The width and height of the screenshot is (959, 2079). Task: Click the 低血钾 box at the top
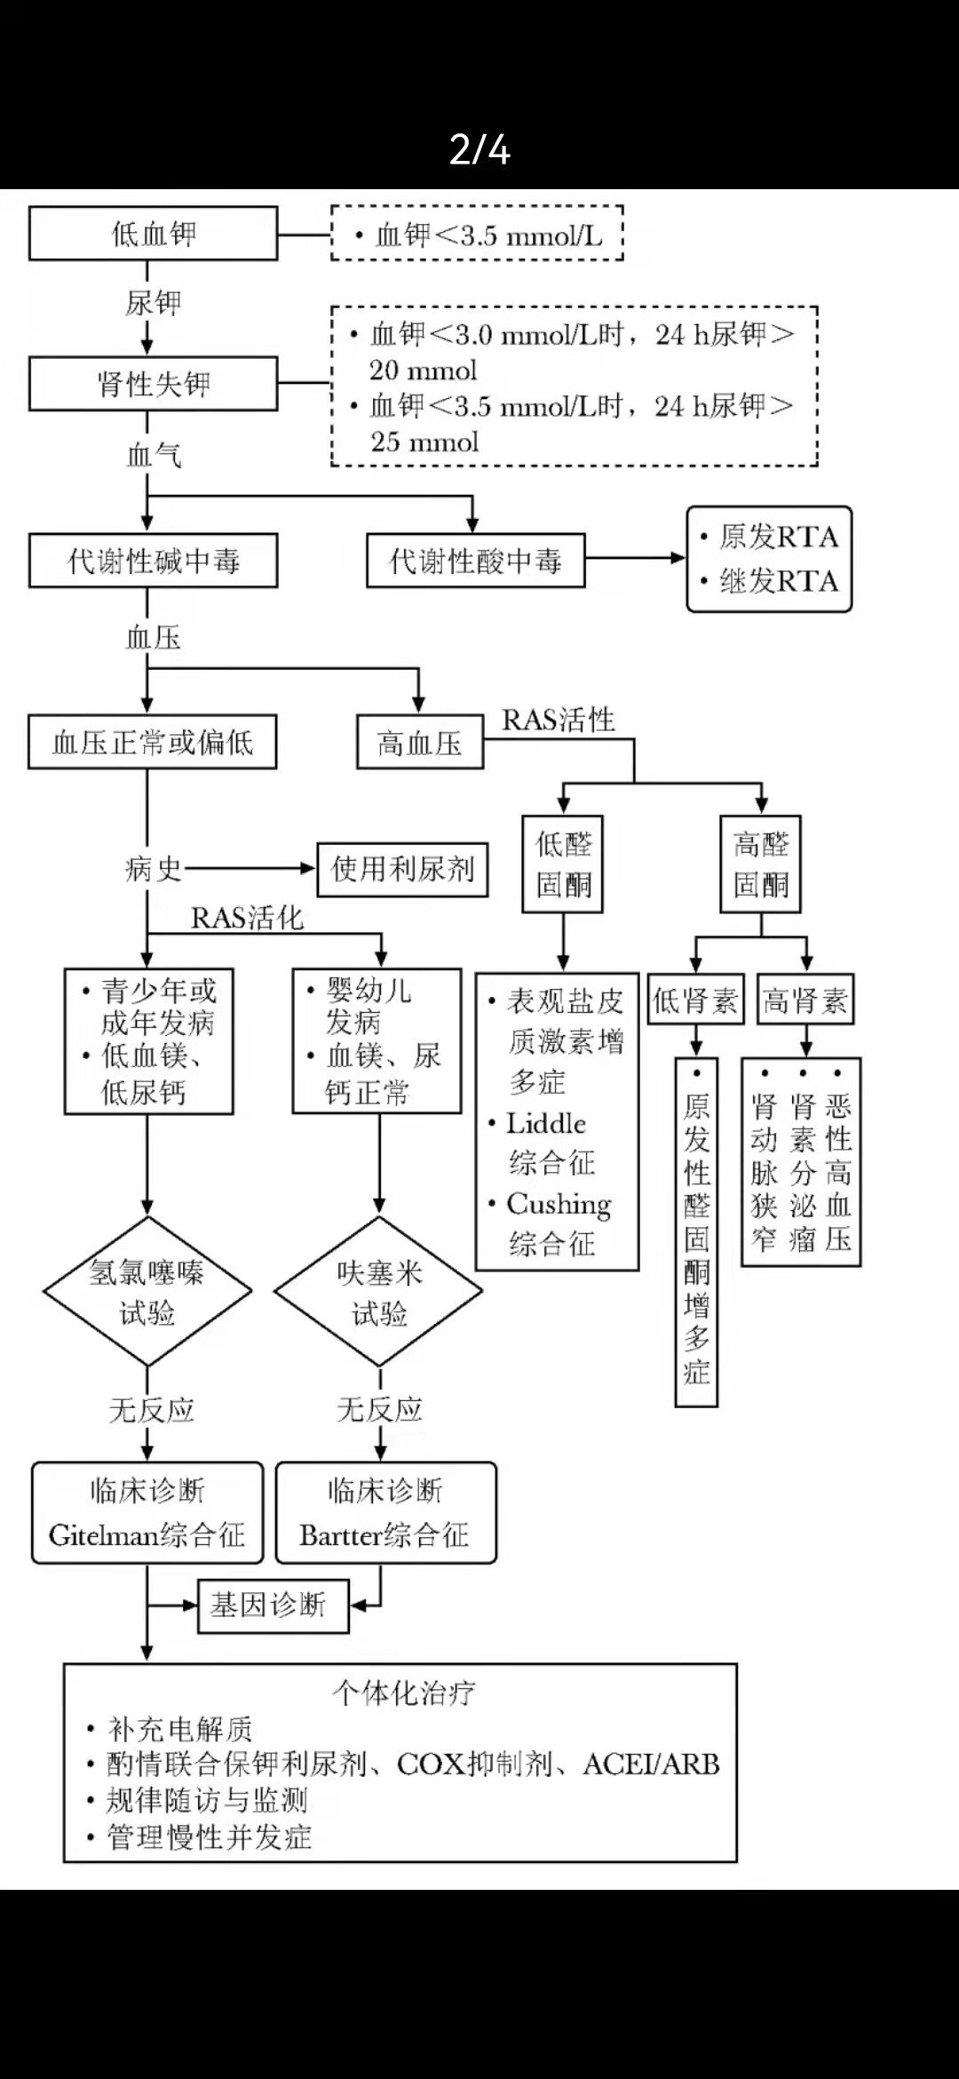point(153,234)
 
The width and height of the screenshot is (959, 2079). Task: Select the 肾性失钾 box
point(153,384)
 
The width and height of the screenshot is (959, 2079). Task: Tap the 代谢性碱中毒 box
point(153,561)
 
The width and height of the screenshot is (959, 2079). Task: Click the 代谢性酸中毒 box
point(476,561)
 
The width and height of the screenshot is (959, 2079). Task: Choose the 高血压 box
point(420,743)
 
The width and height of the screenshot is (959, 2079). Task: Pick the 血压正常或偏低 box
point(152,742)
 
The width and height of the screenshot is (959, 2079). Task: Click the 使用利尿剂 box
point(402,869)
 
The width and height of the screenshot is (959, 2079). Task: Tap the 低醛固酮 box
point(563,864)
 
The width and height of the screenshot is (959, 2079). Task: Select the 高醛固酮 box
point(761,864)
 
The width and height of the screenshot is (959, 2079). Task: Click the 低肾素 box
point(695,1001)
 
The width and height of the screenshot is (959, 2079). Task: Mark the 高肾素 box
point(805,1001)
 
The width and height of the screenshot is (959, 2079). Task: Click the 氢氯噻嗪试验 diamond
point(147,1292)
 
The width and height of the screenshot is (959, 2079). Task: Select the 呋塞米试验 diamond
point(379,1292)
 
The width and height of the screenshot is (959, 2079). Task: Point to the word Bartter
point(339,1535)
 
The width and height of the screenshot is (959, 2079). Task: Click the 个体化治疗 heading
point(403,1693)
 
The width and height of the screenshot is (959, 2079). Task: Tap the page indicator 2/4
point(479,149)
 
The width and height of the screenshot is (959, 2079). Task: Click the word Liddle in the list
point(546,1124)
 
